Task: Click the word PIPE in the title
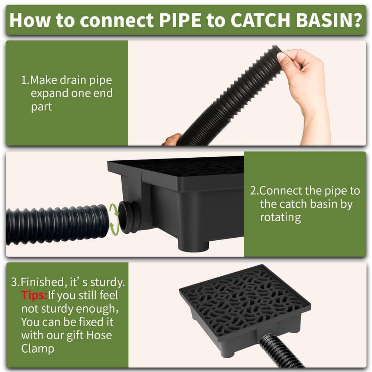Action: pyautogui.click(x=180, y=20)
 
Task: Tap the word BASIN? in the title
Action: pyautogui.click(x=329, y=20)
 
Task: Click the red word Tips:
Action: pyautogui.click(x=34, y=295)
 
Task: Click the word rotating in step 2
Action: pyautogui.click(x=280, y=218)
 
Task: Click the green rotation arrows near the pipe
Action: pyautogui.click(x=114, y=219)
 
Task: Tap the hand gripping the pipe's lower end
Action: pyautogui.click(x=173, y=139)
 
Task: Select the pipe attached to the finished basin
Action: pyautogui.click(x=280, y=351)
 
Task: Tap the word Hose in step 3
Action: pyautogui.click(x=99, y=335)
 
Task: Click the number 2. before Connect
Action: pyautogui.click(x=254, y=191)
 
